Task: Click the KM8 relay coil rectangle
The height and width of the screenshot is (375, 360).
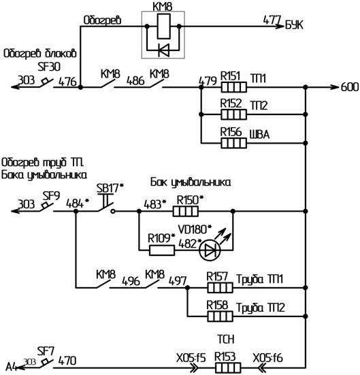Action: tap(163, 26)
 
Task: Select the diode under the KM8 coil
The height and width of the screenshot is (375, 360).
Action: tap(164, 50)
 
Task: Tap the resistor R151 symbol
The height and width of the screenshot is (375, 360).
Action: tap(233, 87)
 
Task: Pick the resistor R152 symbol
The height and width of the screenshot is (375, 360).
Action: tap(233, 114)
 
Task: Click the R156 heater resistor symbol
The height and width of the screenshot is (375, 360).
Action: tap(233, 143)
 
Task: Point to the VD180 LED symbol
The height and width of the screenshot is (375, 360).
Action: tap(210, 250)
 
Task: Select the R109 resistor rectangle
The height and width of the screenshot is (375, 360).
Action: tap(162, 250)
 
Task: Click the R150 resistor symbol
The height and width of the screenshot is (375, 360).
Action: tap(186, 211)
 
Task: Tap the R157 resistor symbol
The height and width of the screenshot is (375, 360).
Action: tap(220, 287)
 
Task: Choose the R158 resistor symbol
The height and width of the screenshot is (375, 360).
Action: tap(220, 316)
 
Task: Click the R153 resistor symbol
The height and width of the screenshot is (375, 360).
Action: tap(228, 368)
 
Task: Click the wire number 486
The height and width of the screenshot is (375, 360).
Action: tap(135, 81)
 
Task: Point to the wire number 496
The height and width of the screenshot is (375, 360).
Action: tap(131, 281)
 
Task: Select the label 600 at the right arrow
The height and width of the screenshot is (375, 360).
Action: tap(350, 87)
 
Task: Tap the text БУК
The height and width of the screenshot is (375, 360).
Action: tap(294, 25)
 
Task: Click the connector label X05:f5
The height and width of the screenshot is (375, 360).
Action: tap(191, 358)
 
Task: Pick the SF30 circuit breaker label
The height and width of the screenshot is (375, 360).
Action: tap(49, 67)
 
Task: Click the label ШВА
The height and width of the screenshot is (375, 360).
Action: tap(259, 134)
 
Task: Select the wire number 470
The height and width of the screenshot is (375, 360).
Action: tap(67, 361)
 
